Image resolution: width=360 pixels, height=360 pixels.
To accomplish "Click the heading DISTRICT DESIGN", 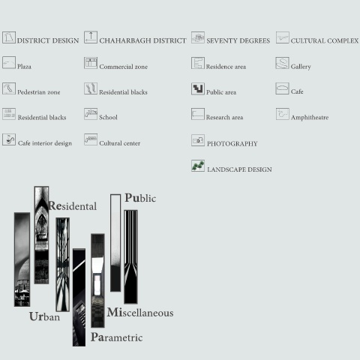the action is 48,40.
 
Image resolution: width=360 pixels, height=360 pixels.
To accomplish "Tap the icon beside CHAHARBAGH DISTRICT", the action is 91,37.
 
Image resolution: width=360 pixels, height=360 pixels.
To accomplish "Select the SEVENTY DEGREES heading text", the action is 238,40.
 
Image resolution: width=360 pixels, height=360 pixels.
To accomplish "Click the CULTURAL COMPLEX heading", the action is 325,40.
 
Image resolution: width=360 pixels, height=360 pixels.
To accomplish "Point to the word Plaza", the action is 24,67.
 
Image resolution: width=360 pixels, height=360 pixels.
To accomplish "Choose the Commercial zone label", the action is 124,67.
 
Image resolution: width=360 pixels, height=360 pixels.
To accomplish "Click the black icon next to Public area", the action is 198,88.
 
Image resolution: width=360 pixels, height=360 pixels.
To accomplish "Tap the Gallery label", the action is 301,67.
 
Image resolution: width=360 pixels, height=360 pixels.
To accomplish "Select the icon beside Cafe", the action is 282,88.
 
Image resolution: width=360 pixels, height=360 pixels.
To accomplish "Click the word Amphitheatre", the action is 310,117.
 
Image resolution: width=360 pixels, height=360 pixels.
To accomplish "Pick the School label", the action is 108,117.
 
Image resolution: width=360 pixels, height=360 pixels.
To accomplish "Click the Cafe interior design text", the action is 45,143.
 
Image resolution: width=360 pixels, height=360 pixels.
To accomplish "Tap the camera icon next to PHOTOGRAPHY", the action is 198,140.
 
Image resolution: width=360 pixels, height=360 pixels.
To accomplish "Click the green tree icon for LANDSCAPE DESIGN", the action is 198,166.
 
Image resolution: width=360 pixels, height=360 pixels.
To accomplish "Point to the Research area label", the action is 224,117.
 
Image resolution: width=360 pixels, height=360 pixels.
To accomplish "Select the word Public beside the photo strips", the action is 140,198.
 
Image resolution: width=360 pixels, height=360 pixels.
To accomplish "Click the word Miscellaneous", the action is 140,313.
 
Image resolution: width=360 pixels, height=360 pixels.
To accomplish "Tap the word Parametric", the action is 116,337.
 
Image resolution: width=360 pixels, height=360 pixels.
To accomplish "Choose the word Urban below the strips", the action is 44,316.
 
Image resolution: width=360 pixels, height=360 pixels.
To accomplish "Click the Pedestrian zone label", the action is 39,92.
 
